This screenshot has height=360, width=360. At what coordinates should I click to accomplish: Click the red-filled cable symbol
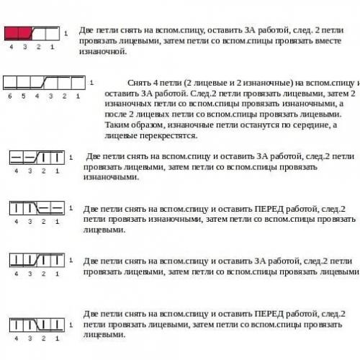19,32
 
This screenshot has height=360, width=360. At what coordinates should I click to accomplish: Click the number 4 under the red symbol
12,46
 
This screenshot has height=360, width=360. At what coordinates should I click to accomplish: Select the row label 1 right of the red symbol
66,33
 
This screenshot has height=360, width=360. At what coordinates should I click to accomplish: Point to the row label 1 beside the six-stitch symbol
91,82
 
